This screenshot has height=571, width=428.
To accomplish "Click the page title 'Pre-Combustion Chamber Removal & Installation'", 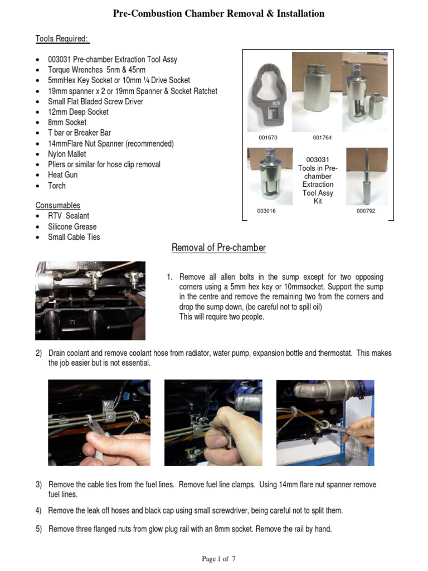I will point(218,13).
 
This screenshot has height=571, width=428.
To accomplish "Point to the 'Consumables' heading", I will point(58,205).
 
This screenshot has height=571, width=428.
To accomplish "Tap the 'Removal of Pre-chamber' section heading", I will point(218,248).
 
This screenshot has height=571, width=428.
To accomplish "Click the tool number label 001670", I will point(267,137).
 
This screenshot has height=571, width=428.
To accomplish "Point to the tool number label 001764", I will point(322,137).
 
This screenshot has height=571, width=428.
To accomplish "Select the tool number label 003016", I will point(266,211).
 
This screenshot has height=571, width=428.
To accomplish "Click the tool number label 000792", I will point(366,211).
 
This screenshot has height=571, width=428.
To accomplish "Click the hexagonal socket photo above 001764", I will point(317,91).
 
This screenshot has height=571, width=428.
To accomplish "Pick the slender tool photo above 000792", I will point(367,176).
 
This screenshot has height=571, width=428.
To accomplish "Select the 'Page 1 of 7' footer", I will point(218,559).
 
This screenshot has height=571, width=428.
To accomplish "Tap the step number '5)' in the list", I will point(39,529).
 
